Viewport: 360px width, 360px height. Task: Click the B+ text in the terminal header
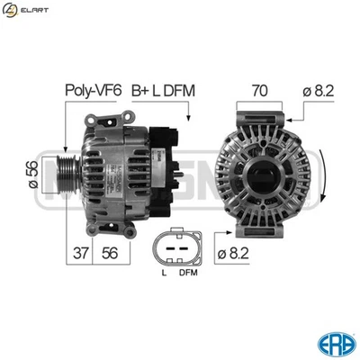[139, 90]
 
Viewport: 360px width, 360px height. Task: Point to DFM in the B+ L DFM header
[180, 90]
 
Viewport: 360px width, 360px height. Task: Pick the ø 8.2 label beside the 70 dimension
[320, 90]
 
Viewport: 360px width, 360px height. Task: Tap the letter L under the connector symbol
[162, 272]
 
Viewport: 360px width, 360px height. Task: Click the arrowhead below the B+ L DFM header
[186, 118]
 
